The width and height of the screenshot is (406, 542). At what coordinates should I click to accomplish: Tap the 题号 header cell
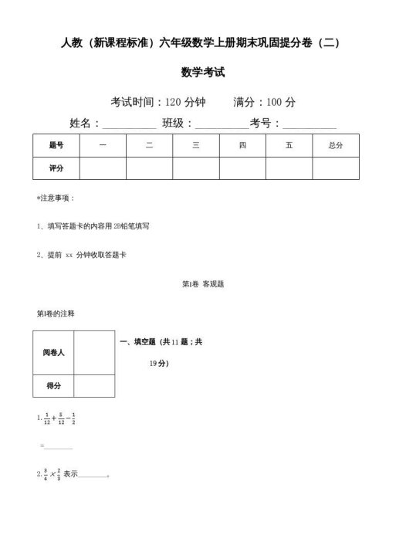(56, 145)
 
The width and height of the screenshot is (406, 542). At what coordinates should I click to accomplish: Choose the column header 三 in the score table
(196, 145)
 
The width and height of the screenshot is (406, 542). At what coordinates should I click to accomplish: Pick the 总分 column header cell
(335, 145)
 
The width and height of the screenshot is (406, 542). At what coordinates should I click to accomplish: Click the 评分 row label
(56, 168)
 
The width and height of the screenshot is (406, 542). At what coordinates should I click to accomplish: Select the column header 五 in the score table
(289, 145)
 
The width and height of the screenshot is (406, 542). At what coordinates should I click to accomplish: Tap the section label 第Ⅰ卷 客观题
(202, 284)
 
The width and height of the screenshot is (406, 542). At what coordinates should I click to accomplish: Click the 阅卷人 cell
(53, 352)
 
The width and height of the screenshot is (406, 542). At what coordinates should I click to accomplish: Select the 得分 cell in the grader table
(53, 385)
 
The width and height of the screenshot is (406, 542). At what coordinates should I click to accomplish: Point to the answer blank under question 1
(59, 446)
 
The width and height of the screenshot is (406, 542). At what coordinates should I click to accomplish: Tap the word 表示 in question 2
(72, 474)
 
